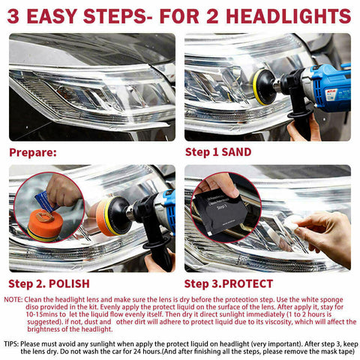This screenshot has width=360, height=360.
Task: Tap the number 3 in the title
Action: click(x=16, y=16)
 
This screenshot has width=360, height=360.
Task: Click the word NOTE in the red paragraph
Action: click(x=13, y=299)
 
